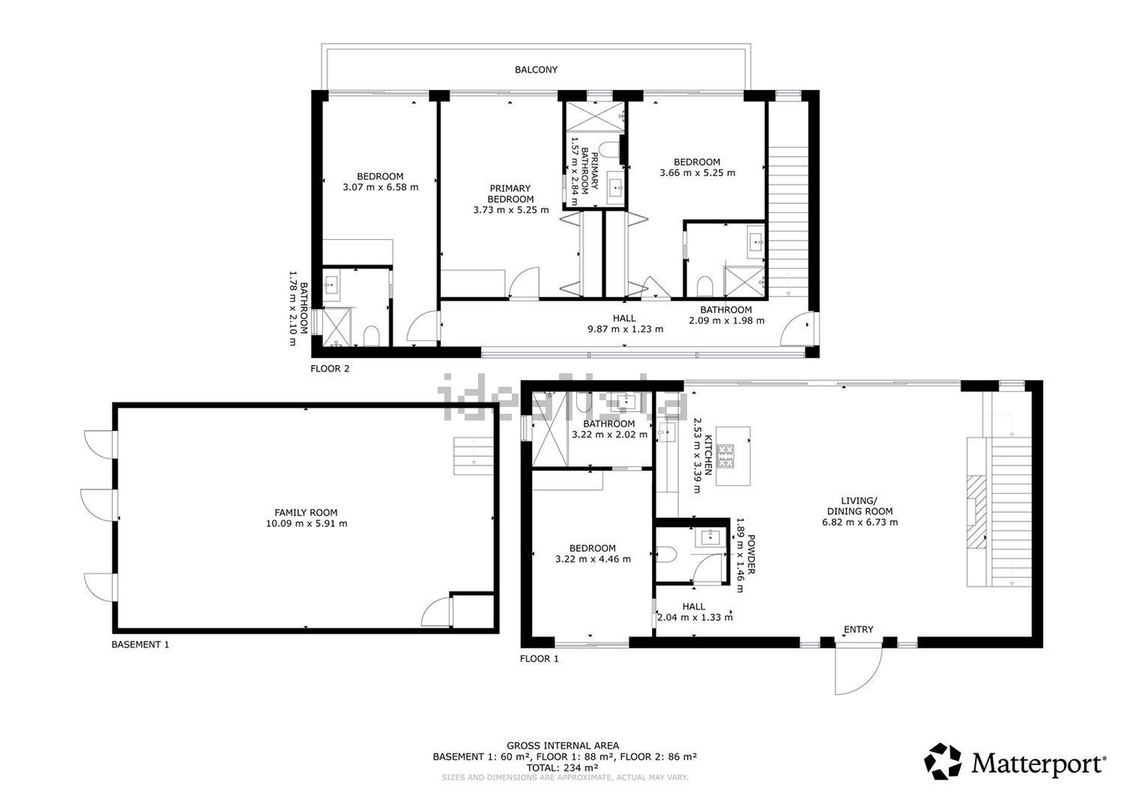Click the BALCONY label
(x=536, y=70)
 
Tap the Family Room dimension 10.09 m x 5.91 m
(x=306, y=523)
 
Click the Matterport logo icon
(x=943, y=762)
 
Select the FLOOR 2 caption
(x=330, y=369)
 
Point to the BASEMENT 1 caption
(x=140, y=645)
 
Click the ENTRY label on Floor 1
(x=859, y=630)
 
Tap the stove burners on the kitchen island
(x=726, y=456)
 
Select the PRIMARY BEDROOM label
(x=510, y=193)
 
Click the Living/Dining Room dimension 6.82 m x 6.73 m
(x=859, y=522)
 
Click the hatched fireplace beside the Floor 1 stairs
(x=976, y=513)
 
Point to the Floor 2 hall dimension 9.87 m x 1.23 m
(x=625, y=329)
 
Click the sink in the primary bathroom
(x=616, y=187)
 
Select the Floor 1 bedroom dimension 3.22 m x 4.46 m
(x=593, y=559)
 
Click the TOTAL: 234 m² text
(x=562, y=768)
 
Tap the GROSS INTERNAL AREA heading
(x=563, y=746)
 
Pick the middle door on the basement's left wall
(x=100, y=504)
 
